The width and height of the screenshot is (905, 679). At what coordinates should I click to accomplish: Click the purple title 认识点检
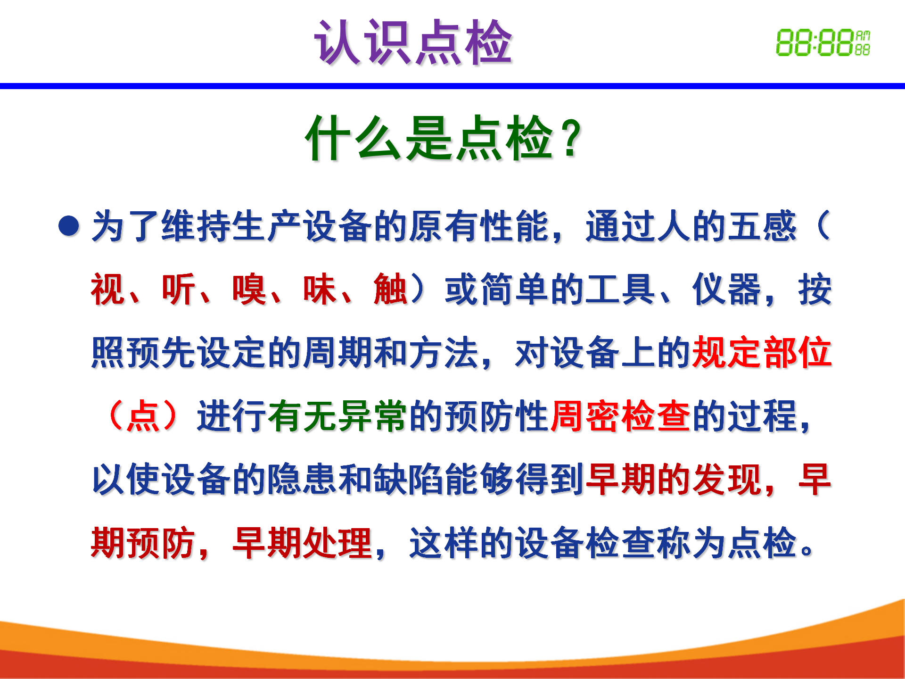[413, 42]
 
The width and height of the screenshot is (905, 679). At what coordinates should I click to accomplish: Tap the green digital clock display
[823, 43]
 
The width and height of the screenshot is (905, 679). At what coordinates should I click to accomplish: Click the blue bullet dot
[69, 226]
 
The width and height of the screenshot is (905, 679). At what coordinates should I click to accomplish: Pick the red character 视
[108, 290]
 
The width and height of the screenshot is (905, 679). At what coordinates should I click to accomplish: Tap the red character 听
[179, 290]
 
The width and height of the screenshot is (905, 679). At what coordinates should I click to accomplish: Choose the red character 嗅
[249, 290]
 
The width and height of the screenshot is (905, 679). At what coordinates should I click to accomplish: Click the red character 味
[320, 290]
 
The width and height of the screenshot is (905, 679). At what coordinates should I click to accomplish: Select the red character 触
[391, 290]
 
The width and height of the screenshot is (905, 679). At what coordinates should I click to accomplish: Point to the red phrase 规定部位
[762, 353]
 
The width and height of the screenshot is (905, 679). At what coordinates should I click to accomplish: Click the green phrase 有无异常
[337, 416]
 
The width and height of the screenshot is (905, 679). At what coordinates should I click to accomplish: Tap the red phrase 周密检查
[621, 416]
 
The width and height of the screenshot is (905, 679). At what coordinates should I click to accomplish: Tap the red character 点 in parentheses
[143, 416]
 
